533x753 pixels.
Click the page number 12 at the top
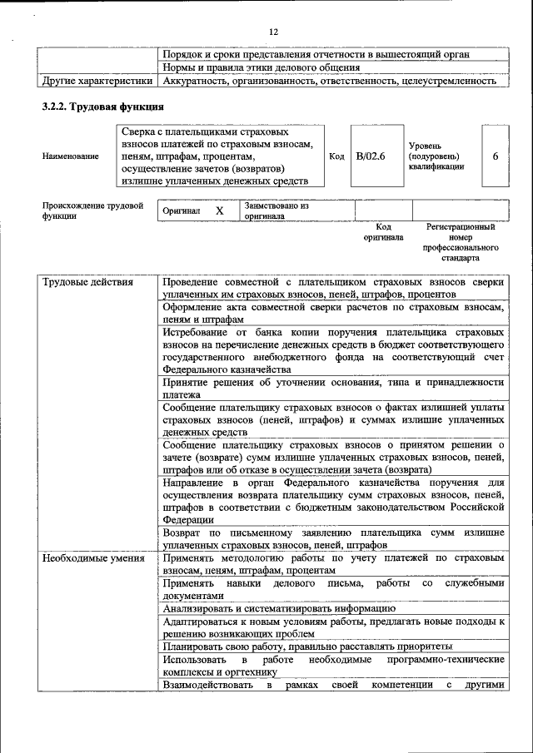tap(273, 32)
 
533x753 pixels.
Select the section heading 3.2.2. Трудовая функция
tap(102, 107)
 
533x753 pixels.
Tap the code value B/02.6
tap(371, 156)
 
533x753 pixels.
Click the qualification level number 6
tap(496, 156)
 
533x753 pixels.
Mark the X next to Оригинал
tap(220, 211)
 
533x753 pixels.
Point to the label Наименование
tap(64, 156)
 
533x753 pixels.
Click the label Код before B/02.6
tap(336, 156)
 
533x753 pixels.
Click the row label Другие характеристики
tap(97, 82)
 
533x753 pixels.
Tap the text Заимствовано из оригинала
tap(276, 211)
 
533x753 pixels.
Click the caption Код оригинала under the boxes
tap(383, 231)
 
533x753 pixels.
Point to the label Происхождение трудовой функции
tap(92, 211)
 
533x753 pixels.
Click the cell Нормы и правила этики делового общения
tap(262, 67)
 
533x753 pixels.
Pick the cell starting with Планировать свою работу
tap(307, 646)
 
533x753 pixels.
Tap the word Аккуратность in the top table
tap(197, 82)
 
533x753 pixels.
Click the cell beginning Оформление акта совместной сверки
tap(333, 314)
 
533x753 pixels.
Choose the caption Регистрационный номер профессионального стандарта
tap(461, 242)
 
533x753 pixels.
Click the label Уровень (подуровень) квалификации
tap(436, 156)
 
